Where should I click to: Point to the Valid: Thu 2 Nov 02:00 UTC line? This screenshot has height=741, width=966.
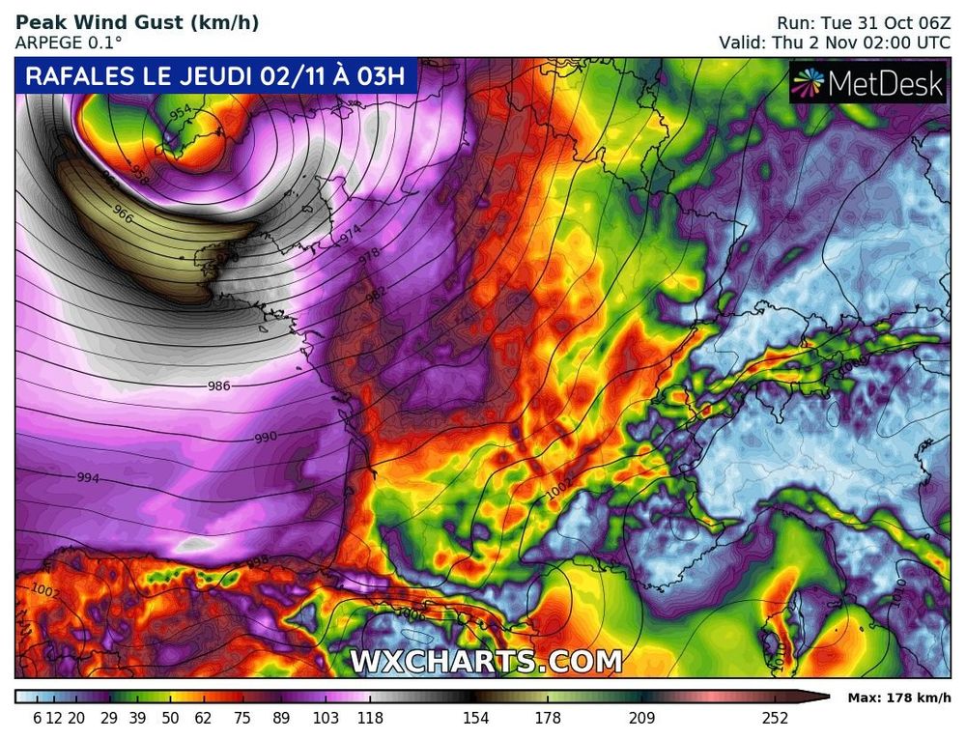835,43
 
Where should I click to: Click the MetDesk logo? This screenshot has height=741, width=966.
867,85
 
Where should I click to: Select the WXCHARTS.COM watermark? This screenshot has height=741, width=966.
485,662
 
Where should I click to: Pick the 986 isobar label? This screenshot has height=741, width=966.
219,386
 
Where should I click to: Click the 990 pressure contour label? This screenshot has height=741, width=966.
266,438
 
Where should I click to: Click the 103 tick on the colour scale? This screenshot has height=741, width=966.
326,718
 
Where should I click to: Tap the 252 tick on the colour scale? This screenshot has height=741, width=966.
775,718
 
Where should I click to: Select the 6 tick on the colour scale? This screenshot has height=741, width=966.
36,718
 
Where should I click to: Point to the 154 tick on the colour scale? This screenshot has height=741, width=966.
475,718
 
